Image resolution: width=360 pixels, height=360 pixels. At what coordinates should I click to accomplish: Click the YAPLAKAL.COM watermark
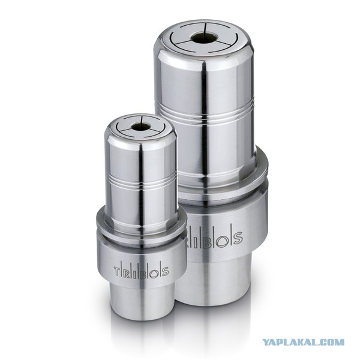[303, 343]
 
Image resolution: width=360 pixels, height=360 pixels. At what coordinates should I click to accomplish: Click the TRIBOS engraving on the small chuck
[142, 272]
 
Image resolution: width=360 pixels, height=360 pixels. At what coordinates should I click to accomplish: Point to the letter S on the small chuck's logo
[165, 271]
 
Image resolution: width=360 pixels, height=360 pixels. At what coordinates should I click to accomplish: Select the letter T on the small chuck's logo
[117, 272]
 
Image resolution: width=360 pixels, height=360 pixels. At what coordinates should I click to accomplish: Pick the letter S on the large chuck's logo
[238, 236]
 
